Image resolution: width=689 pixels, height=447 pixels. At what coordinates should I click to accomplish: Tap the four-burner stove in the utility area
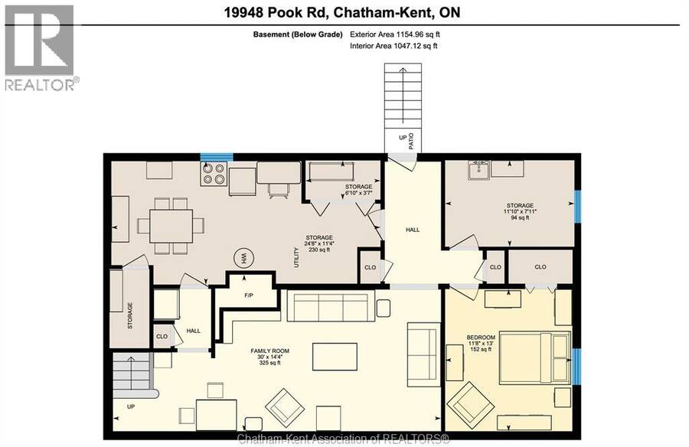click(x=214, y=174)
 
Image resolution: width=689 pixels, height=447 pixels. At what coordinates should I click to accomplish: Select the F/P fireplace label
click(x=249, y=295)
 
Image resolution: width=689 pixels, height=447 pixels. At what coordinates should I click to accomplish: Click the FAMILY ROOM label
click(x=269, y=351)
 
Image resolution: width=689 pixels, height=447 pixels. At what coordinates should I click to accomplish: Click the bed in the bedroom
click(x=535, y=357)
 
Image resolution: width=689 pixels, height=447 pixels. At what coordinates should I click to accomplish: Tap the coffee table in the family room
click(x=335, y=357)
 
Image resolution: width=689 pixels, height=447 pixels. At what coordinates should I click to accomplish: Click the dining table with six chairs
click(x=171, y=227)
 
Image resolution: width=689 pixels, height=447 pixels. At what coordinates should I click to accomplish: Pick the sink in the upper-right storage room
click(x=478, y=170)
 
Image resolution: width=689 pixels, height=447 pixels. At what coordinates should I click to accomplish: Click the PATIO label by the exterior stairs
click(x=411, y=141)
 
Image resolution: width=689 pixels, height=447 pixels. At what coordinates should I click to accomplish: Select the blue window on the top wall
click(x=217, y=157)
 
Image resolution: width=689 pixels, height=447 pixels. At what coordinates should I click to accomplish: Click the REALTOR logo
click(x=40, y=47)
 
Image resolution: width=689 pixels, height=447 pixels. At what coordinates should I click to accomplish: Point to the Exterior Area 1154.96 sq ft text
click(x=394, y=34)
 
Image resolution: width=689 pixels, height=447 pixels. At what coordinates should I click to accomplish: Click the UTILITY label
click(x=296, y=257)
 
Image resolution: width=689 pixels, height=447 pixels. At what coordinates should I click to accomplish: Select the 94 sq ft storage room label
click(x=520, y=217)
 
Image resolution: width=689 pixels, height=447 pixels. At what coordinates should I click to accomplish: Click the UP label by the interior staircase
click(x=131, y=407)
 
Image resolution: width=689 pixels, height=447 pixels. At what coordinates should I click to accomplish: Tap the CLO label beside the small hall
click(x=162, y=336)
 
